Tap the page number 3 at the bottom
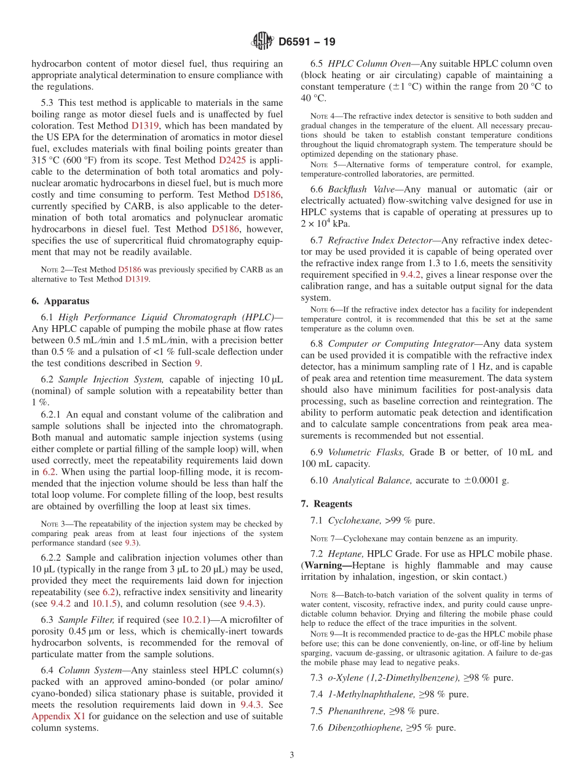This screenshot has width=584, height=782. (292, 756)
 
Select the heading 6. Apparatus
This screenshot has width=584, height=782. (60, 301)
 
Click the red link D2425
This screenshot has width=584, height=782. (232, 160)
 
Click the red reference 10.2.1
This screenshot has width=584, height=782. (197, 620)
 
